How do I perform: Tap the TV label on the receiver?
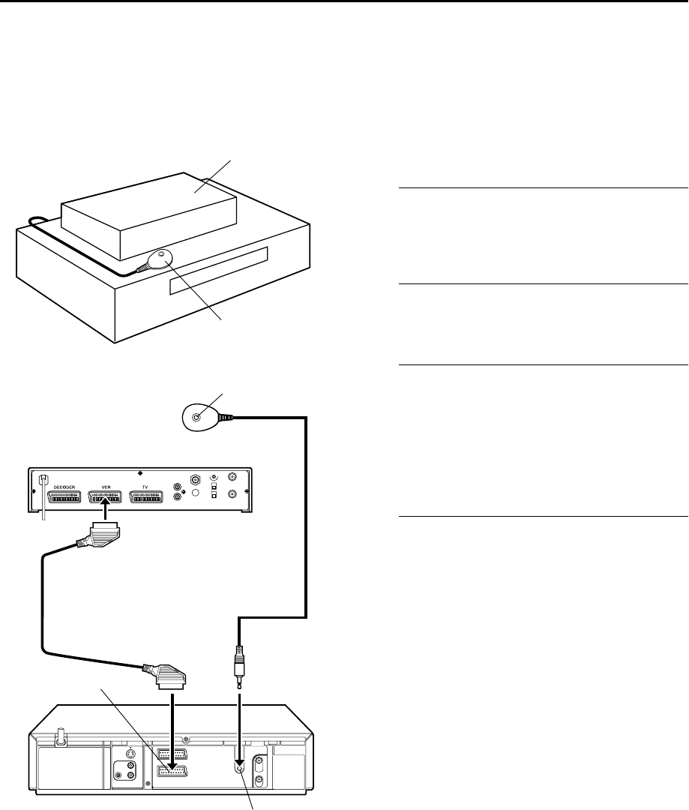click(x=146, y=486)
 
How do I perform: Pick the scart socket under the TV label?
click(x=147, y=496)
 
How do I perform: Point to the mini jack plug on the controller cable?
click(x=239, y=664)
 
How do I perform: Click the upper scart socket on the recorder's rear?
click(x=171, y=751)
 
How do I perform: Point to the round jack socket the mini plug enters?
click(x=239, y=767)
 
